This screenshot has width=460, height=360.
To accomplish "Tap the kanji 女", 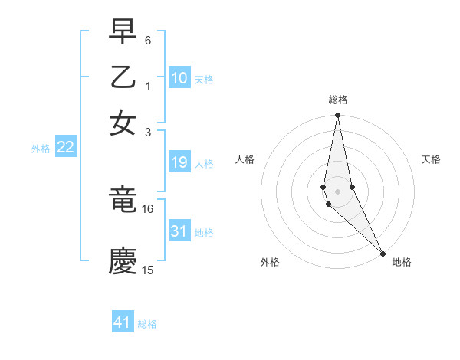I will pos(123,123).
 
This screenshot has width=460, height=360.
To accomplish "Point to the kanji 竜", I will pos(123,201).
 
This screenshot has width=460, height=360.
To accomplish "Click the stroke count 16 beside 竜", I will pos(148,208).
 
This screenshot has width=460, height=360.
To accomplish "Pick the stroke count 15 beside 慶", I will pos(148,270).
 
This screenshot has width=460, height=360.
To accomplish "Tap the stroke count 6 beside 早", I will pos(148,38).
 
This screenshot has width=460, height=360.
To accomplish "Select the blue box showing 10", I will pos(179,77).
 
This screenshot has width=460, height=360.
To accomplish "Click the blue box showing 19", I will pos(179,162).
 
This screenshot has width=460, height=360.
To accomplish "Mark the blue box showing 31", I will pos(179,231).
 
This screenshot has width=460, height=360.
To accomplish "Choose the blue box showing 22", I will pos(65,147).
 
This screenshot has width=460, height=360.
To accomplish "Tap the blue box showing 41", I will pos(123,322).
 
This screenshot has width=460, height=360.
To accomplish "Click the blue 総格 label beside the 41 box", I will pos(147,324).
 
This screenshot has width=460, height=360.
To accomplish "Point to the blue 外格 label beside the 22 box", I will pos(40,149).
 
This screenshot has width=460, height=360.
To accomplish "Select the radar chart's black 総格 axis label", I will pos(337,100).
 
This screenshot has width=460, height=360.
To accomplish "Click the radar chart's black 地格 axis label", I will pos(402,262).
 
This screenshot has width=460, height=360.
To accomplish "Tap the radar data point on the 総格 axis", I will pos(337,116).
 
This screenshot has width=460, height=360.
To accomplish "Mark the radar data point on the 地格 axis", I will pos(383,252).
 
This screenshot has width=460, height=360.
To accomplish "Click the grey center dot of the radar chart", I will pos(337,191).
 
